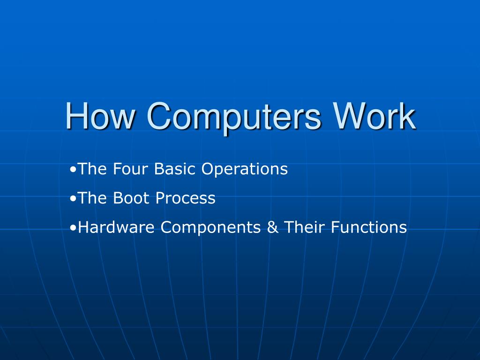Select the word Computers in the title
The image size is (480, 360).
click(234, 116)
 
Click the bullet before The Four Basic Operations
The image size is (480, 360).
click(74, 169)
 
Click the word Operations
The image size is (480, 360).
click(245, 169)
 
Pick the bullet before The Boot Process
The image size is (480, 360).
click(74, 198)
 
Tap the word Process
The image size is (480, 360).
click(186, 198)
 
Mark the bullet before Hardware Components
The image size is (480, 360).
click(74, 227)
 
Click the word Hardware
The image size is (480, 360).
click(118, 227)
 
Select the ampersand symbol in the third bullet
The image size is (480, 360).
click(272, 227)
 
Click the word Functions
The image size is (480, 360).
click(369, 227)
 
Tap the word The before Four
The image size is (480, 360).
click(93, 169)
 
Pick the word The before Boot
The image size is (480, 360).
click(93, 198)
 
